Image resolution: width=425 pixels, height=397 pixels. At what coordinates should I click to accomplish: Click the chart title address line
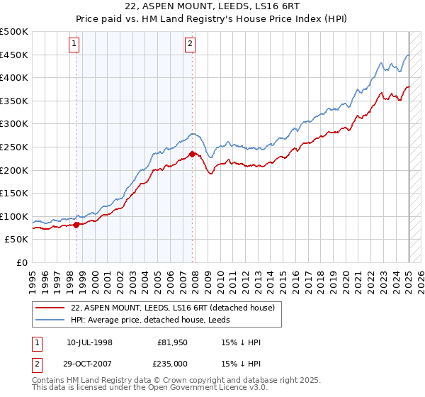(x=212, y=7)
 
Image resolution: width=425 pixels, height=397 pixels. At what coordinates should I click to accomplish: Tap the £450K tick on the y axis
(x=14, y=55)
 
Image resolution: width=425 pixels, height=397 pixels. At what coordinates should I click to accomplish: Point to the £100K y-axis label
(x=14, y=216)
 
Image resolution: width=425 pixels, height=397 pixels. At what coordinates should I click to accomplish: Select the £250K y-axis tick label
(x=14, y=147)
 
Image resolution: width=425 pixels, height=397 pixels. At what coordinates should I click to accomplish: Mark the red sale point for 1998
(x=76, y=225)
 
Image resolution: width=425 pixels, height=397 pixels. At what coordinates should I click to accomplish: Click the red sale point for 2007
(x=192, y=153)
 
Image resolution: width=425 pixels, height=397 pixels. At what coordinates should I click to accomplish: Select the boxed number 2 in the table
(x=36, y=364)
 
